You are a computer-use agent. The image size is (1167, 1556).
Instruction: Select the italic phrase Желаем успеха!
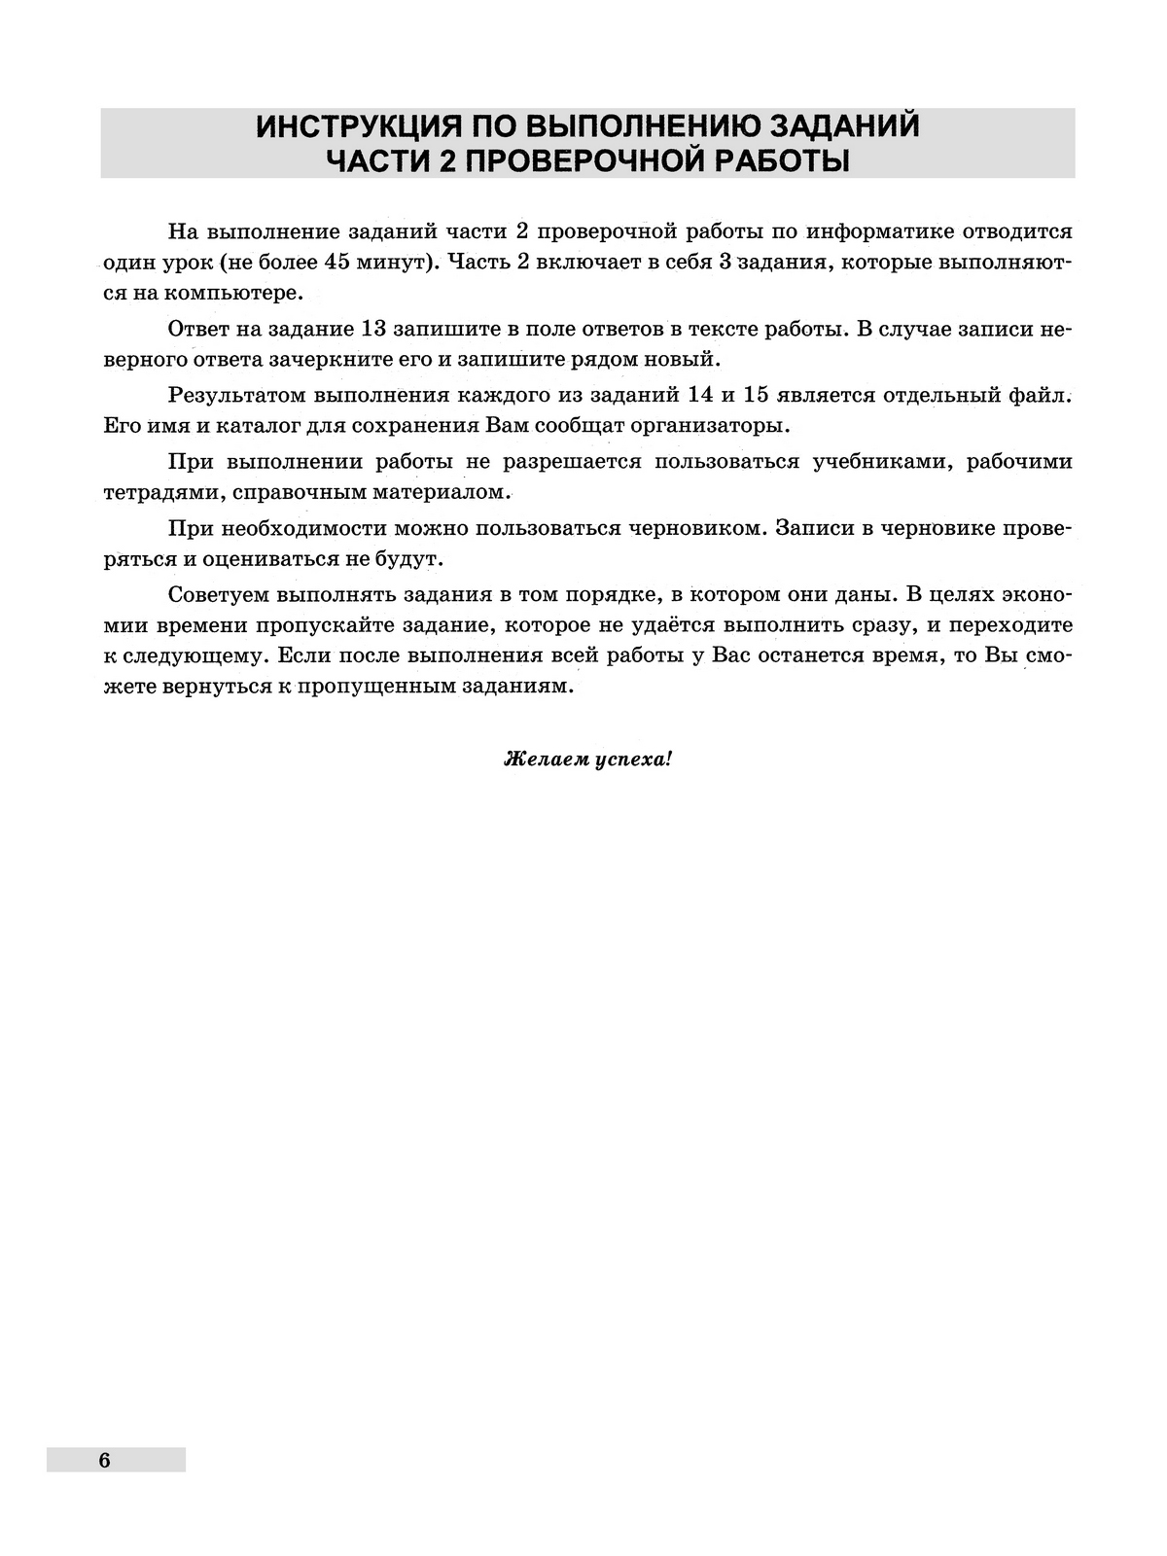(587, 759)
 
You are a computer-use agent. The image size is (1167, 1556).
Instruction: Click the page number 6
(104, 1460)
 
